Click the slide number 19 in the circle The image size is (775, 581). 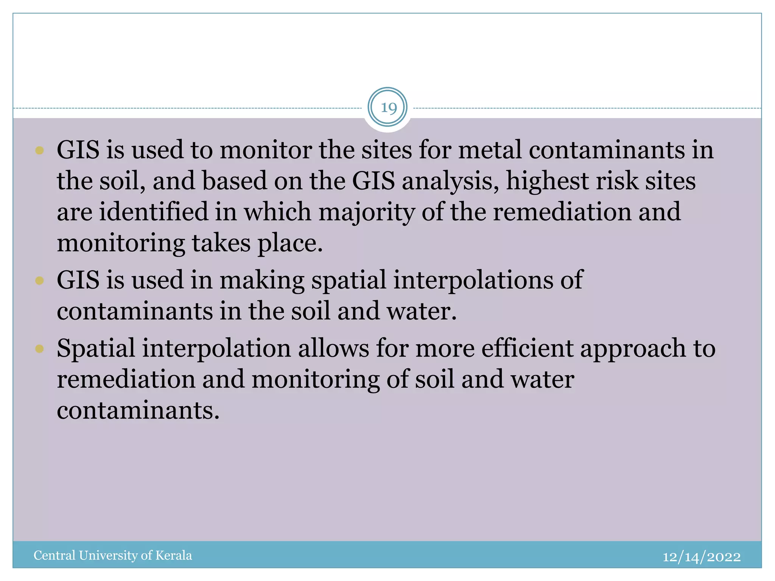(x=388, y=108)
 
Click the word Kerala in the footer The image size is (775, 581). (x=173, y=555)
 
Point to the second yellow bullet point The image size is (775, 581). (x=39, y=281)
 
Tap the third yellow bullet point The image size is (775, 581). (x=39, y=348)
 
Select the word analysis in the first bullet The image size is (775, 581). (x=450, y=181)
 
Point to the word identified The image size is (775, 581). (x=154, y=212)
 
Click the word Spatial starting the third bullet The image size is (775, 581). (x=96, y=348)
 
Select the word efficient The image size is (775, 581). (x=527, y=348)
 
